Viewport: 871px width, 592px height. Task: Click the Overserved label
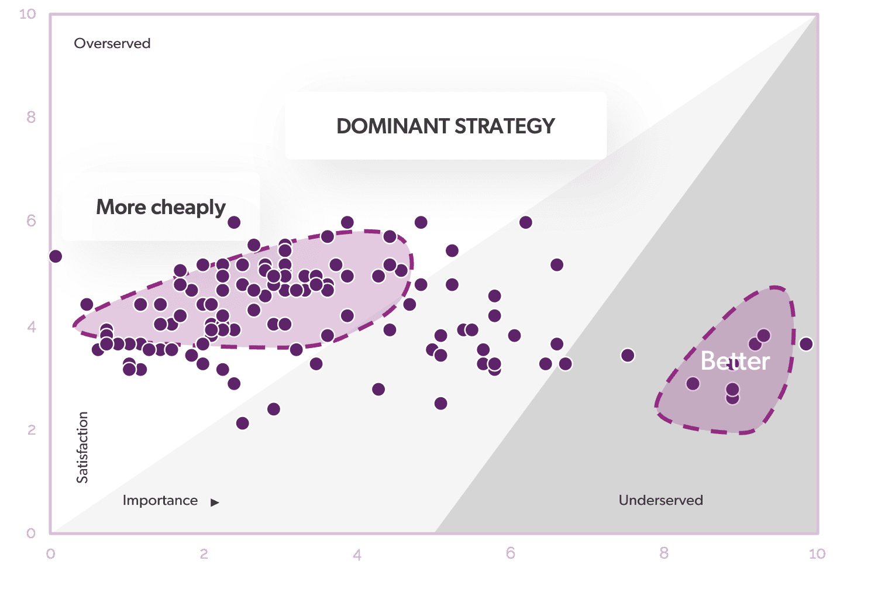click(112, 43)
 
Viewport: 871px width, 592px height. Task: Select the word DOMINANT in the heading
click(393, 126)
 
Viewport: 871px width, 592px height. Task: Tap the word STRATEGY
click(505, 126)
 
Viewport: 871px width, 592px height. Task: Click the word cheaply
click(188, 207)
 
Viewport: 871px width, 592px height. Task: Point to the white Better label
click(735, 361)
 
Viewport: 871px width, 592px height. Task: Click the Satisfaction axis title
click(82, 448)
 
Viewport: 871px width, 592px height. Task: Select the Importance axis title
click(160, 500)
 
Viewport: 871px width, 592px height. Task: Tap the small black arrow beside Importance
click(215, 502)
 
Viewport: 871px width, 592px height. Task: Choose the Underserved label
click(660, 500)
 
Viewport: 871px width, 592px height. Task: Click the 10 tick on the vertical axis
click(27, 15)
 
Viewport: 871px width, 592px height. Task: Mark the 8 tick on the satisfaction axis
click(31, 117)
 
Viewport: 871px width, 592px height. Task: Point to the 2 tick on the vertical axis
click(32, 430)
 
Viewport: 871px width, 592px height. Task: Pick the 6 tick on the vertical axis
click(31, 221)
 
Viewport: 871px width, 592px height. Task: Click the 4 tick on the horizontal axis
click(357, 555)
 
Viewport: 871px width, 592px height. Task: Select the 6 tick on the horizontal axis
click(511, 553)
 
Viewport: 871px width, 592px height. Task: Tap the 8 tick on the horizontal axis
click(664, 553)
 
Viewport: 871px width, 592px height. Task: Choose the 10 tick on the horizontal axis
click(817, 553)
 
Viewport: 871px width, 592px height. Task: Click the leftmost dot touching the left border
click(56, 256)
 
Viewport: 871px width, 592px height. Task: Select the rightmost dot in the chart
click(806, 344)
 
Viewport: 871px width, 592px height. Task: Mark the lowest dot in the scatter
click(242, 423)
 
